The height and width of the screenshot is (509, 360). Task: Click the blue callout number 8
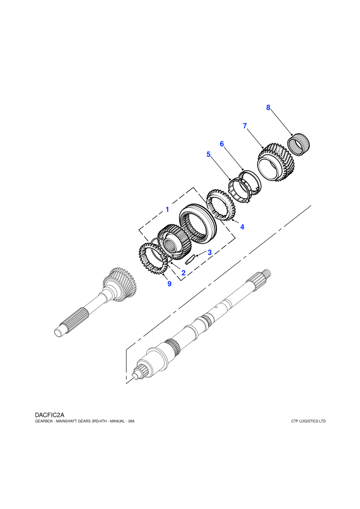pos(268,107)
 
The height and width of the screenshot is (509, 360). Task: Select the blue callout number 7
pos(245,126)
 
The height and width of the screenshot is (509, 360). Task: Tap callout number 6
pos(222,144)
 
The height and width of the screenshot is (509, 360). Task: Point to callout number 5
pos(208,154)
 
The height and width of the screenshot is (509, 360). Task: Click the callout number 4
pos(242,227)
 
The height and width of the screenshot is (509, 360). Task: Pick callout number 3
pos(210,252)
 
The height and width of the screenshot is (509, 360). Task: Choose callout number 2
pos(184,273)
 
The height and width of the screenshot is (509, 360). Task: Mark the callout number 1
pos(167,209)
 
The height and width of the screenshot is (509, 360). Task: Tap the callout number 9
pos(169,284)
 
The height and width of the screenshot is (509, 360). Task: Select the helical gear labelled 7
pos(276,162)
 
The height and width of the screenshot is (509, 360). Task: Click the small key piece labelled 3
pos(191,259)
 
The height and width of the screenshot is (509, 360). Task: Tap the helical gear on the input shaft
pos(121,284)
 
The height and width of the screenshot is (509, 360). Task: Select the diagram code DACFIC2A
pos(49,415)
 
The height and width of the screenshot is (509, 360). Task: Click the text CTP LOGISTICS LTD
pos(309,422)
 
